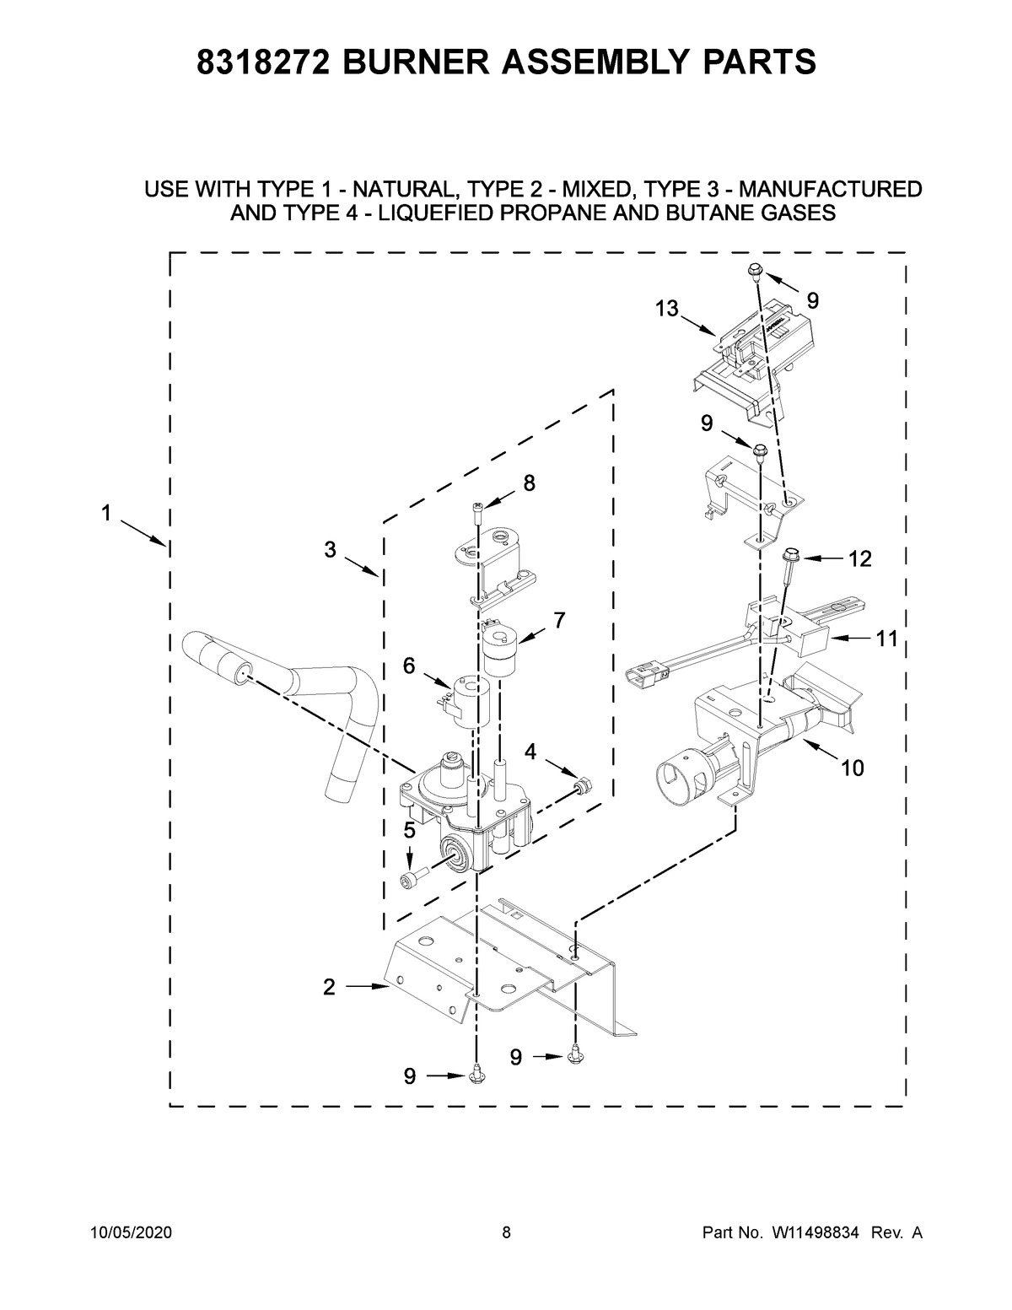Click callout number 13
(666, 309)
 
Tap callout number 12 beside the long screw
(859, 558)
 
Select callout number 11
(885, 639)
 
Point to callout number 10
(852, 768)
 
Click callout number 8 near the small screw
(529, 483)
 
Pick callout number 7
(558, 620)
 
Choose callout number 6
(409, 666)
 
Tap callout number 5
(409, 830)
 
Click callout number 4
(530, 751)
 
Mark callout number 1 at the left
(106, 512)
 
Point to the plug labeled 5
(411, 880)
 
